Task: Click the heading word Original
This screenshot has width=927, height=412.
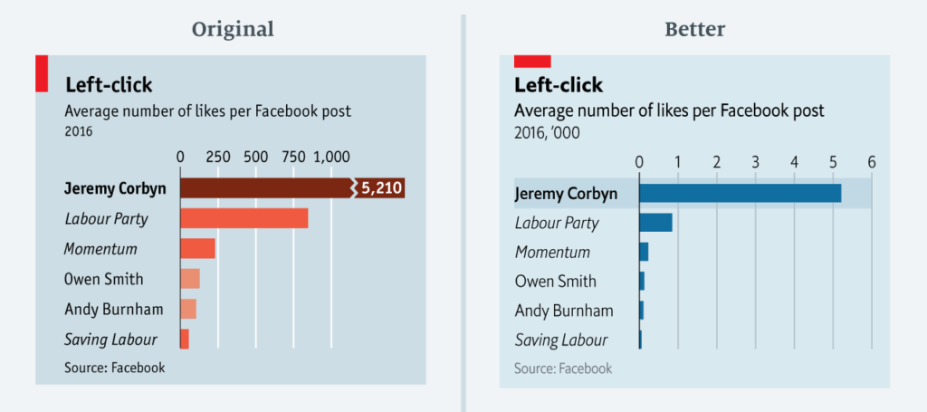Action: click(233, 29)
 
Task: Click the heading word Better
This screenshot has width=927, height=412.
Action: click(695, 29)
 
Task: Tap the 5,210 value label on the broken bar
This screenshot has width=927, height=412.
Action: click(381, 188)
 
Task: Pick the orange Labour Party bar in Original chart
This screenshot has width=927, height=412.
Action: click(244, 219)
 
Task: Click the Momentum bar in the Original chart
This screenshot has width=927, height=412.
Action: click(197, 249)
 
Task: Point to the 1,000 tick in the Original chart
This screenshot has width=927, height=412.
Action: click(330, 156)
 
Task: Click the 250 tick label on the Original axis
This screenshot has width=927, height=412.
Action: click(217, 156)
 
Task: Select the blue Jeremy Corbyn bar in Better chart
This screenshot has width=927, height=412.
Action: click(740, 193)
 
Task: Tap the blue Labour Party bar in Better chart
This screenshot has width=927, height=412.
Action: click(655, 223)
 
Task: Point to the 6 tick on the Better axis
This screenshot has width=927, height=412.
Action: click(872, 162)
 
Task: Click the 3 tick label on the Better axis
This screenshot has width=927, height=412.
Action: click(755, 162)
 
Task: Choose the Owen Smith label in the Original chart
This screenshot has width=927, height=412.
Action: click(103, 279)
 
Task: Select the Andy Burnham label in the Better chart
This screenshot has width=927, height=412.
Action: click(563, 311)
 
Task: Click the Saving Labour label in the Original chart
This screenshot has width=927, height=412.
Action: click(110, 340)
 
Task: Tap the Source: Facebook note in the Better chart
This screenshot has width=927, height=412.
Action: click(562, 369)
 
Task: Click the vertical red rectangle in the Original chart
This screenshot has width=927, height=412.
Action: click(41, 73)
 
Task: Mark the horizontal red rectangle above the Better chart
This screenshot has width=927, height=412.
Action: click(532, 61)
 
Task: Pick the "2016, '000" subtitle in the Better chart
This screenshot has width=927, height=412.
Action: click(547, 133)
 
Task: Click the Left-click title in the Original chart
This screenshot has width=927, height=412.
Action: click(109, 85)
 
